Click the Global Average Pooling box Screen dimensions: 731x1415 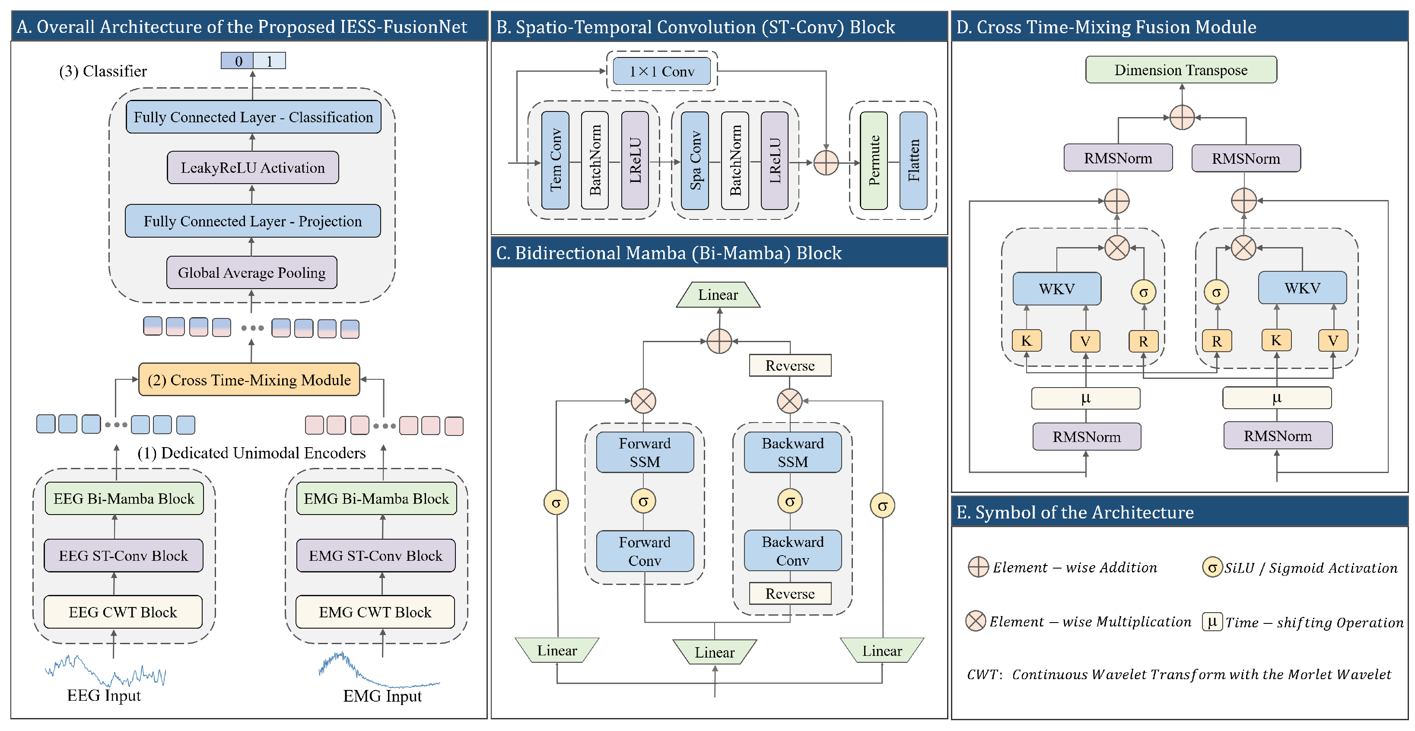251,273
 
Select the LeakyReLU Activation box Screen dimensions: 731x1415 253,168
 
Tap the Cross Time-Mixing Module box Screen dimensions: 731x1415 249,379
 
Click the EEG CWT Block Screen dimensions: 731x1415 123,612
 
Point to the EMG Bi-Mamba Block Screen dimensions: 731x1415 376,499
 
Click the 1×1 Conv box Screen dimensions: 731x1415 661,71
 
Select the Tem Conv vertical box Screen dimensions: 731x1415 555,160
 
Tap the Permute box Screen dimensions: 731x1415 873,160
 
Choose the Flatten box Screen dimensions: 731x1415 913,160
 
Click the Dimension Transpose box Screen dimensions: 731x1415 1180,70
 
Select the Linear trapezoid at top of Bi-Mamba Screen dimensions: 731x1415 718,295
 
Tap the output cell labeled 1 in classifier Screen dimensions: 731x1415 269,61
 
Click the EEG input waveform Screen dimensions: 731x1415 105,671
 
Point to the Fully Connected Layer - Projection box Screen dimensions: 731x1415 253,221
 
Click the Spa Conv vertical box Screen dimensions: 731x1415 695,160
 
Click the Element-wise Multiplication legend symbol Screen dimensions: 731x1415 976,621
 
